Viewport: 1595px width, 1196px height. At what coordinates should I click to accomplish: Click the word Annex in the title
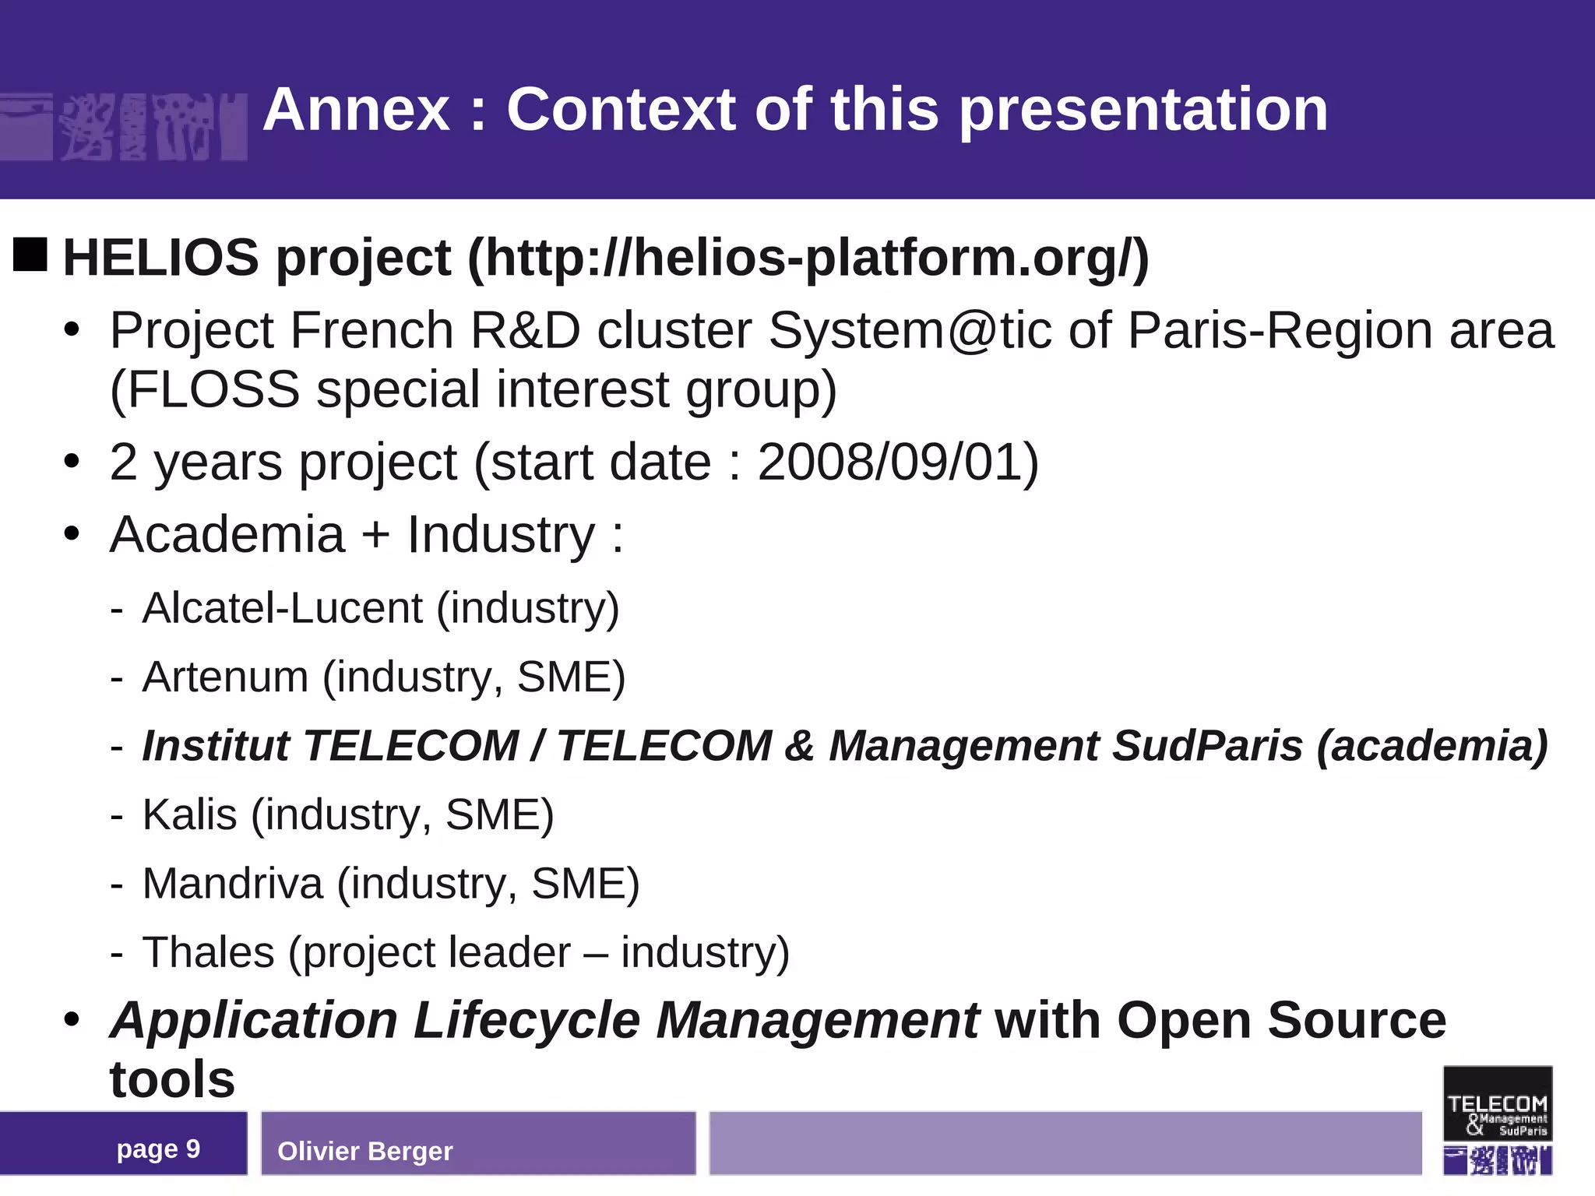[x=357, y=110]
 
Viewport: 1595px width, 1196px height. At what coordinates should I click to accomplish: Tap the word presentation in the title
[x=1143, y=110]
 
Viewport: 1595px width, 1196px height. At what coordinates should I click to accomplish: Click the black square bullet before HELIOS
[x=30, y=255]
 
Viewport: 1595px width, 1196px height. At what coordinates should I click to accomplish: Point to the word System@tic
[x=909, y=330]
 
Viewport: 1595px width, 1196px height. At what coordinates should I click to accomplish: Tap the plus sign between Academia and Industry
[x=375, y=536]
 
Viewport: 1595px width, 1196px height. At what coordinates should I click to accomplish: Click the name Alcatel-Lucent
[x=283, y=607]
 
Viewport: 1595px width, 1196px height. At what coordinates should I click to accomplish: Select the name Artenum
[x=226, y=677]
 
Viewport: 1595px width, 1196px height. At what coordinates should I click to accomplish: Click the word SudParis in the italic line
[x=1207, y=745]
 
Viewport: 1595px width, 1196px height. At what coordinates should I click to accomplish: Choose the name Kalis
[x=190, y=814]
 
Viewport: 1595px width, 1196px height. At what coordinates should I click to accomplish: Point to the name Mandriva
[x=233, y=884]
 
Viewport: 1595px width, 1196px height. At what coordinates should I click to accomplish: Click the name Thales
[x=209, y=952]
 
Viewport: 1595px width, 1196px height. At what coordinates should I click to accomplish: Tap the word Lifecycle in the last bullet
[x=526, y=1020]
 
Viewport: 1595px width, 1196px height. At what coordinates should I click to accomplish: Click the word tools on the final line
[x=172, y=1080]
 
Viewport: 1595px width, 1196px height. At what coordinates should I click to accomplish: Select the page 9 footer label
[x=158, y=1149]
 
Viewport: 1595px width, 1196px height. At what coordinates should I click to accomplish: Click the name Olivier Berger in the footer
[x=364, y=1151]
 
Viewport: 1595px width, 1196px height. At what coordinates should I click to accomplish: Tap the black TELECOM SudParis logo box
[x=1497, y=1103]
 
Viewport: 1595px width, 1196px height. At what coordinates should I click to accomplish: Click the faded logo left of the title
[x=125, y=127]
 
